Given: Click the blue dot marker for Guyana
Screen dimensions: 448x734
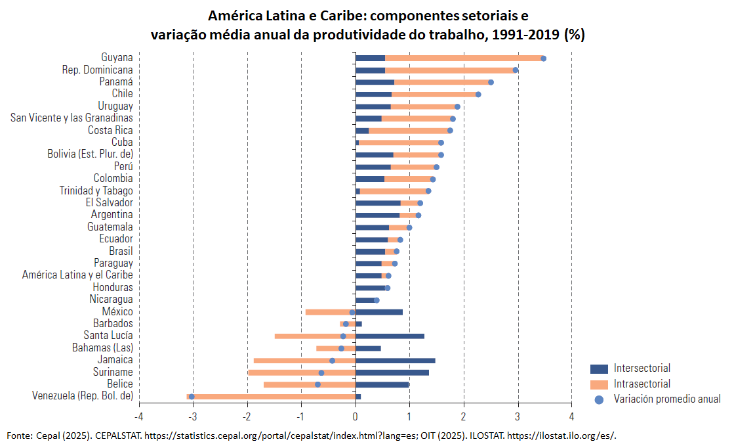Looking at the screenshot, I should [543, 58].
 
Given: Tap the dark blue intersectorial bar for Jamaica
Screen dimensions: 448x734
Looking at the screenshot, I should [395, 361].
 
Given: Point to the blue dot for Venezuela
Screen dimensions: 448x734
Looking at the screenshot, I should [192, 397].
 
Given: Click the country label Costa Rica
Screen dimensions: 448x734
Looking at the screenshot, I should [110, 130].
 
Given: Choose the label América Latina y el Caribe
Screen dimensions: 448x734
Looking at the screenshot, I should [77, 275].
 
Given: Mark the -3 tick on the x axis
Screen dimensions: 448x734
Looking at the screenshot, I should [193, 416].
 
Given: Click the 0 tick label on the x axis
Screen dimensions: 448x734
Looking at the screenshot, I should [355, 416].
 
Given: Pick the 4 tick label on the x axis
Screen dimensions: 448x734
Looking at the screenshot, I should [571, 416].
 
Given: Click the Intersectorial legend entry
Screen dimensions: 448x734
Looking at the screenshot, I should [642, 369].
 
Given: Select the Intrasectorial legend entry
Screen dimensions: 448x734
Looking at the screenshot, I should [642, 384].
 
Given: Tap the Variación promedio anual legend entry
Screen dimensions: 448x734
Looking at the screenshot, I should [666, 399].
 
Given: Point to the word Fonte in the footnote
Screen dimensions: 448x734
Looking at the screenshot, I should [19, 436].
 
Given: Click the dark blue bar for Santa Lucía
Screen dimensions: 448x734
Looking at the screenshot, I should [390, 336].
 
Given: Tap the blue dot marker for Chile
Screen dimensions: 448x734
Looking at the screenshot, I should [478, 95].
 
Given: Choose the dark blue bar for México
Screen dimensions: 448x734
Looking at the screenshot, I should [378, 312].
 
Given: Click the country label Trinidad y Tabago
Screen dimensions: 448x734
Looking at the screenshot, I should [96, 190].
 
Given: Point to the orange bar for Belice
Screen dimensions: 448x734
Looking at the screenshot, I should [289, 384].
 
